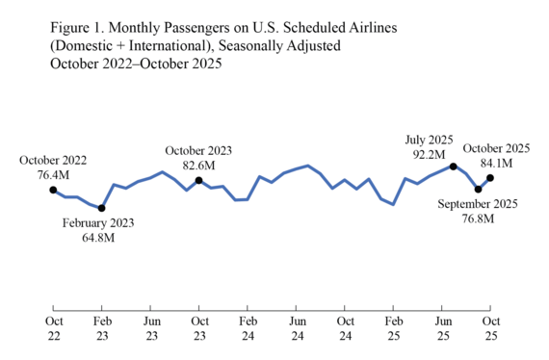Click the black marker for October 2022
coord(53,190)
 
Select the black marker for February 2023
coord(101,208)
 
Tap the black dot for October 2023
coord(198,180)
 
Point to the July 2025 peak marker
coord(454,167)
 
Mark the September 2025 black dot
coord(479,189)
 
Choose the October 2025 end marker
coord(490,177)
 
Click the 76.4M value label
coord(53,175)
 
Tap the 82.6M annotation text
coord(198,166)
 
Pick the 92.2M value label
coord(429,154)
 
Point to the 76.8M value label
coord(479,219)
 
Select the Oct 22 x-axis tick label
coord(53,327)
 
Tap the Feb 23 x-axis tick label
coord(101,327)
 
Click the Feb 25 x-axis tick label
coord(393,327)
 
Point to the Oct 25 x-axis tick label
coord(490,327)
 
